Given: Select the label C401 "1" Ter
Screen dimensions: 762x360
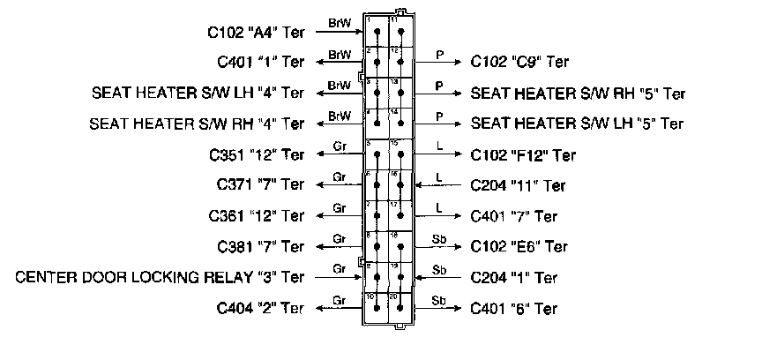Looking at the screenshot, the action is click(261, 63).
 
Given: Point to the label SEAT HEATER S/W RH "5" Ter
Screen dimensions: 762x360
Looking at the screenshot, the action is click(578, 93).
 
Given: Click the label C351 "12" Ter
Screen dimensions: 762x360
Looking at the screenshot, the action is click(257, 155).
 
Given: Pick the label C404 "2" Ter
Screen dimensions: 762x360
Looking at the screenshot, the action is click(260, 309).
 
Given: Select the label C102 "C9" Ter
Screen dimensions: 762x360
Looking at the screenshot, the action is click(519, 63).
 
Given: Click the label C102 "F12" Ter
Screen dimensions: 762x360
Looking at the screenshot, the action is click(523, 155).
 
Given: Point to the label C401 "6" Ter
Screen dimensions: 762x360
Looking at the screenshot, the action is click(514, 309).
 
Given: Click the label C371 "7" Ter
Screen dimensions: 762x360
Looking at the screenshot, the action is click(260, 185).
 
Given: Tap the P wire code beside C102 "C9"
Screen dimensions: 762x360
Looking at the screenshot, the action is click(439, 55).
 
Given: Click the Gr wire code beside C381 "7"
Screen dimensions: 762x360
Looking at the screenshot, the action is click(339, 239).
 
